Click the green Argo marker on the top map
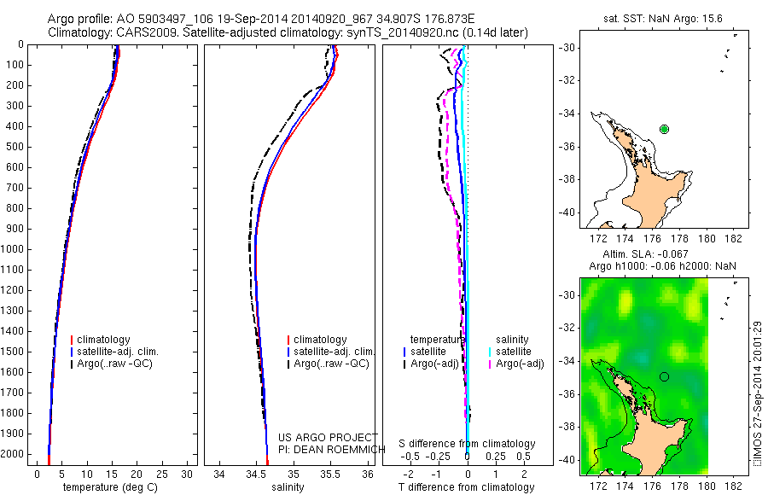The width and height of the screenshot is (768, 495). pos(665,129)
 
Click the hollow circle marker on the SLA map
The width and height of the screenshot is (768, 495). pos(664,376)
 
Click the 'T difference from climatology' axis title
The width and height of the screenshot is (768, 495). pos(467,487)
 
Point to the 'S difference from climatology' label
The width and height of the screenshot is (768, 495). pos(467,444)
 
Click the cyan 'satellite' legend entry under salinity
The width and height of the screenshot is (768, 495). pos(515,352)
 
